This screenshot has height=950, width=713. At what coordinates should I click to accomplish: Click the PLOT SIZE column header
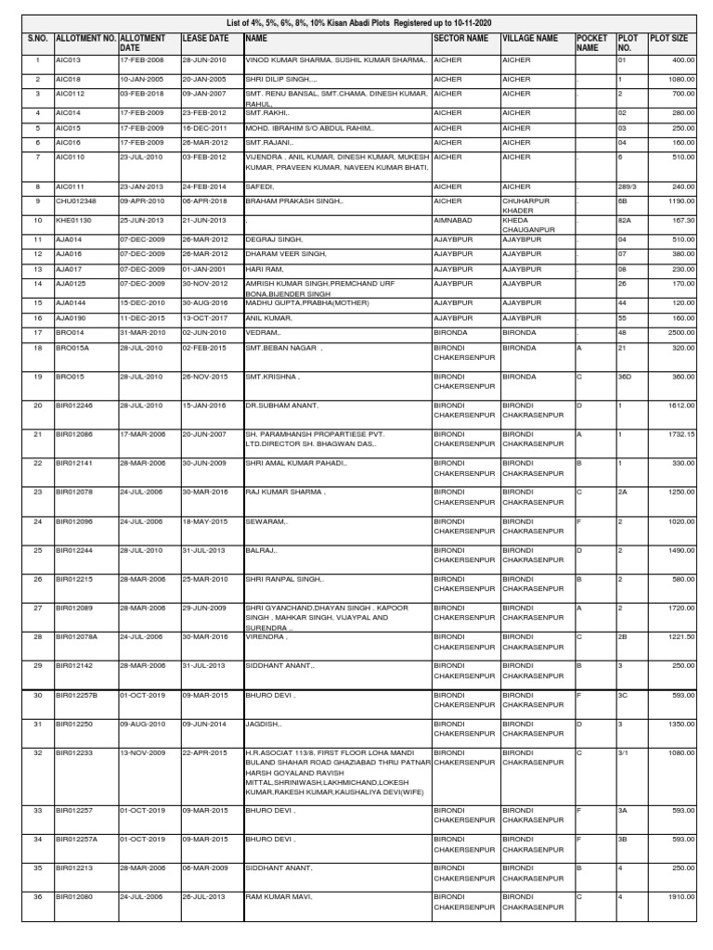tap(669, 39)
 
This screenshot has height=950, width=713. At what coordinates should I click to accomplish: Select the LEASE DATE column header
tap(204, 39)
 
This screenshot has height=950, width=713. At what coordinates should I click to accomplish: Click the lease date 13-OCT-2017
tap(204, 317)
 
